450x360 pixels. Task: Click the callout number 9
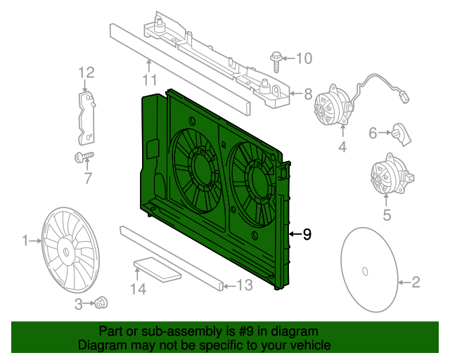307,235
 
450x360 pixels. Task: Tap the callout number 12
86,72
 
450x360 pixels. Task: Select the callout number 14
139,288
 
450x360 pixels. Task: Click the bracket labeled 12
86,115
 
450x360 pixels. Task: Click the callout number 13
244,285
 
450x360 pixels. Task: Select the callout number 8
307,93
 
